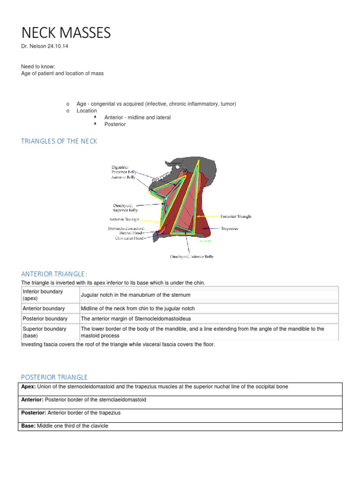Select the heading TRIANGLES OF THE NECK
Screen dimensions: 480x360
(x=59, y=141)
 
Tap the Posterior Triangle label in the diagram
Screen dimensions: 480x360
(x=236, y=217)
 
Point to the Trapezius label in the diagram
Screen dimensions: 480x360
(x=230, y=229)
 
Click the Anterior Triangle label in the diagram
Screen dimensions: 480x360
(x=124, y=219)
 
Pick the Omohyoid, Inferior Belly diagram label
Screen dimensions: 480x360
(x=191, y=256)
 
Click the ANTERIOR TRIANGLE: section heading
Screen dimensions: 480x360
(x=54, y=274)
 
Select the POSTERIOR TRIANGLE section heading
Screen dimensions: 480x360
(x=54, y=377)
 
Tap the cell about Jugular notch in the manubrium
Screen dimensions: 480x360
(x=135, y=295)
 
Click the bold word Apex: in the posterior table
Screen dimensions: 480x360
(x=28, y=386)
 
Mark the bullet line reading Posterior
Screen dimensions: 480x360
(x=115, y=124)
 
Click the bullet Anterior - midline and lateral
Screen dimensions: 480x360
(x=137, y=117)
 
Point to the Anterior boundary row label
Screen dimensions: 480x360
(x=44, y=308)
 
